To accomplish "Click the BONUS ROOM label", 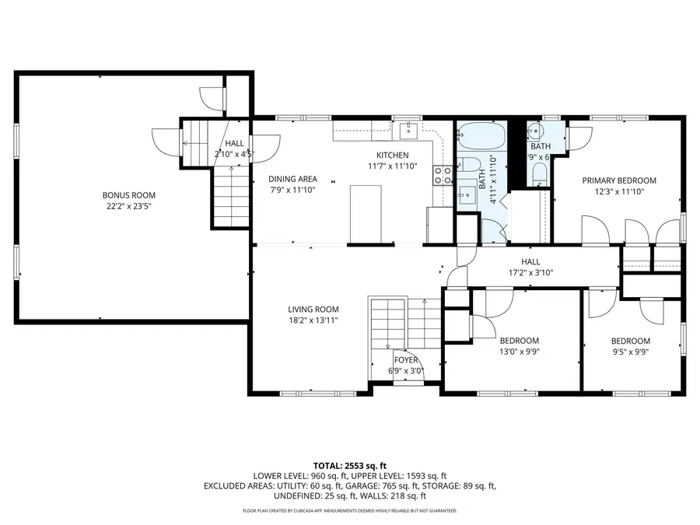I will coord(129,195).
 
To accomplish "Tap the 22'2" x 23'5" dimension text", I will coord(129,206).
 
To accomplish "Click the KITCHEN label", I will coord(393,155).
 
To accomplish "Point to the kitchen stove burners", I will coord(443,175).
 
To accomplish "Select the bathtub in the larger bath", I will coord(481,138).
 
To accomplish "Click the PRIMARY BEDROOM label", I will coord(620,180).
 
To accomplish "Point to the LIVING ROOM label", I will coord(313,309).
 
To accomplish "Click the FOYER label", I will coord(406,360).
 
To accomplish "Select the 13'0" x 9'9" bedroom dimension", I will coord(519,352).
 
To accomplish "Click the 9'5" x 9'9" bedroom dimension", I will coord(630,352).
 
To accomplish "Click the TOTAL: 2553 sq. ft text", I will coord(349,464).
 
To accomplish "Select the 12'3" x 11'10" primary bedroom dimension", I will coord(620,191).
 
